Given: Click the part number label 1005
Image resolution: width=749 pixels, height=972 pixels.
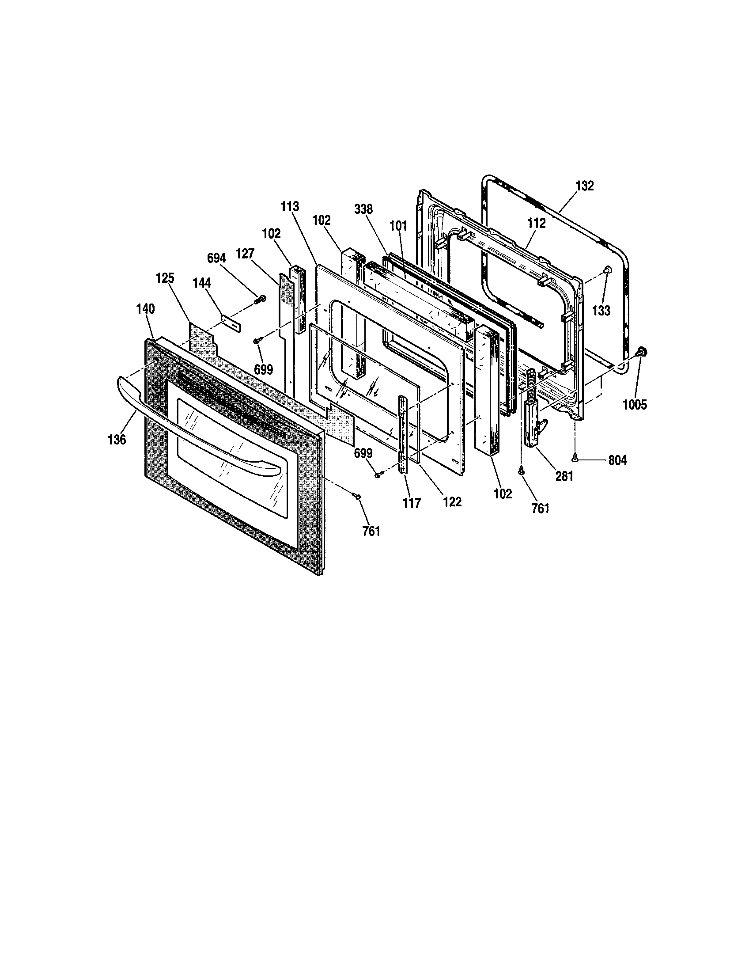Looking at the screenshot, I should pos(635,405).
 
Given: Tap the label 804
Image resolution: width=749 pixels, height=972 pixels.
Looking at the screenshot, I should pos(617,460).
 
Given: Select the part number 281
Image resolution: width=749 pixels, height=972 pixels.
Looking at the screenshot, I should pos(564,476).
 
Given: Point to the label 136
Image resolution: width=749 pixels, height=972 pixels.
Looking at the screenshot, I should pos(117,440).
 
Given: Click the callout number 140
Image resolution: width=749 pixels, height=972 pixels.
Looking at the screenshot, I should pos(145,309).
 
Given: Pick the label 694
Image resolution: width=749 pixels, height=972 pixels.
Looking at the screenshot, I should pos(217,258).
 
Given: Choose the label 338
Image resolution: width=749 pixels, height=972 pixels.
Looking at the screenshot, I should pos(363,209).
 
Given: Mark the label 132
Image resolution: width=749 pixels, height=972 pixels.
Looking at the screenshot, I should pos(585,186).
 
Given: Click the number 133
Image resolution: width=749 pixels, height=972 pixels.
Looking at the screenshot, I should pos(601,310).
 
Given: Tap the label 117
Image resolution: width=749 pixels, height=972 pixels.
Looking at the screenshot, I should pos(412,503).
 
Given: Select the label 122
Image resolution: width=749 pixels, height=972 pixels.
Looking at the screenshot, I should pos(452,502).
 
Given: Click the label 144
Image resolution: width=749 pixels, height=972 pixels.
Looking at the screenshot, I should pos(202,283).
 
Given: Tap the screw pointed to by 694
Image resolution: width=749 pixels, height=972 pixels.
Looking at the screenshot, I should pos(261,299).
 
